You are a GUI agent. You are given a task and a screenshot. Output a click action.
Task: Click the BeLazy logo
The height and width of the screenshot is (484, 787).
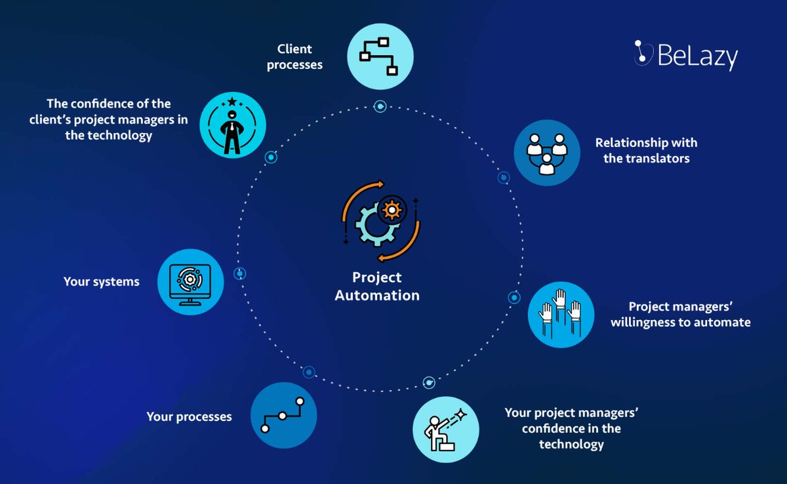pyautogui.click(x=686, y=56)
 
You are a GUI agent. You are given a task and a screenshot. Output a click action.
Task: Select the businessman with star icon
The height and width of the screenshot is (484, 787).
pyautogui.click(x=232, y=125)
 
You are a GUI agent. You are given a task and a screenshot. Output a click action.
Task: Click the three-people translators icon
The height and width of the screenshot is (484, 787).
pyautogui.click(x=547, y=153)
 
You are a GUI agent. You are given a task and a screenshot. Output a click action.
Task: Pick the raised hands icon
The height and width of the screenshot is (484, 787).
pyautogui.click(x=561, y=314)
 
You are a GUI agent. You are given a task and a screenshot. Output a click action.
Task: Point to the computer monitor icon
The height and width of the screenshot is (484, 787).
pyautogui.click(x=191, y=281)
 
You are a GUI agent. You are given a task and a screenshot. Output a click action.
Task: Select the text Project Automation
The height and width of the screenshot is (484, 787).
pyautogui.click(x=377, y=287)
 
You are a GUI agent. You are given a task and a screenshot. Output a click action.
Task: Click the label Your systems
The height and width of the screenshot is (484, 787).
pyautogui.click(x=102, y=282)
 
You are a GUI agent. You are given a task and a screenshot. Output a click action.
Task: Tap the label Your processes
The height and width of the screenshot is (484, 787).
pyautogui.click(x=189, y=416)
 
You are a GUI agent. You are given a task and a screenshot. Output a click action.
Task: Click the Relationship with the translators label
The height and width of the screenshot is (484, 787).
pyautogui.click(x=646, y=150)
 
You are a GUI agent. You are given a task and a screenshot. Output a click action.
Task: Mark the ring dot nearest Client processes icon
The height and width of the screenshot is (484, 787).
pyautogui.click(x=380, y=106)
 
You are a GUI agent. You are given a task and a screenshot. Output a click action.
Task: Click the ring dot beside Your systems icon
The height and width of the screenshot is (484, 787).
pyautogui.click(x=239, y=273)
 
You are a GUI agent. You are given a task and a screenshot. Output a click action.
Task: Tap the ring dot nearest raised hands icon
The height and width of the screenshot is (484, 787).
pyautogui.click(x=514, y=297)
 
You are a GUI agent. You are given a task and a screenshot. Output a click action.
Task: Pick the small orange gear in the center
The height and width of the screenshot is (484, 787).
pyautogui.click(x=392, y=210)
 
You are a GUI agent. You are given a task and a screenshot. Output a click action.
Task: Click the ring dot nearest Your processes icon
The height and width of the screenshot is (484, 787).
pyautogui.click(x=309, y=372)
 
